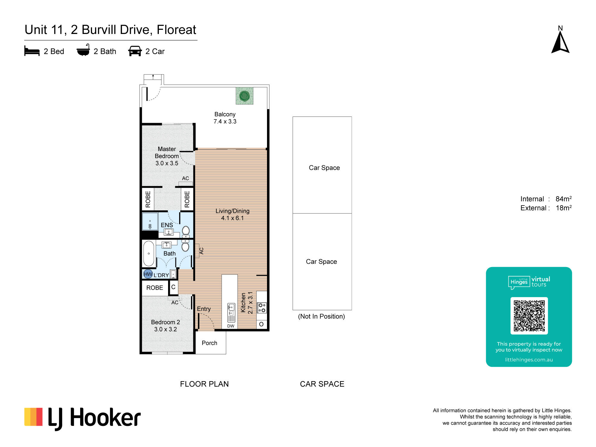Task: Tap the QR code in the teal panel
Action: click(529, 316)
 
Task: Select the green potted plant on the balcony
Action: click(244, 96)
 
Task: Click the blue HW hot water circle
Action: click(148, 274)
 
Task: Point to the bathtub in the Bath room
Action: click(149, 253)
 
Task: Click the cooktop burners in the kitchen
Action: click(262, 308)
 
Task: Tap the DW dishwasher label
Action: click(231, 326)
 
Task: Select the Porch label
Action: click(209, 343)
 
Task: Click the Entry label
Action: click(204, 309)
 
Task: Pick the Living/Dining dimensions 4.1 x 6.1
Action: click(232, 218)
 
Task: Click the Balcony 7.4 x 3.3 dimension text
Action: click(225, 122)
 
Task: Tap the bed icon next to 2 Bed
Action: click(32, 51)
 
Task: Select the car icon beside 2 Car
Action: click(135, 51)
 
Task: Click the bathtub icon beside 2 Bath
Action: click(83, 50)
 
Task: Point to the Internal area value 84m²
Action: click(564, 199)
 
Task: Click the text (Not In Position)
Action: click(322, 316)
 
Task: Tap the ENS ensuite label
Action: click(167, 225)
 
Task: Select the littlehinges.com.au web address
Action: click(529, 360)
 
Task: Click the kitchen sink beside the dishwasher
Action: click(231, 310)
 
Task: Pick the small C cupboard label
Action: click(173, 287)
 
